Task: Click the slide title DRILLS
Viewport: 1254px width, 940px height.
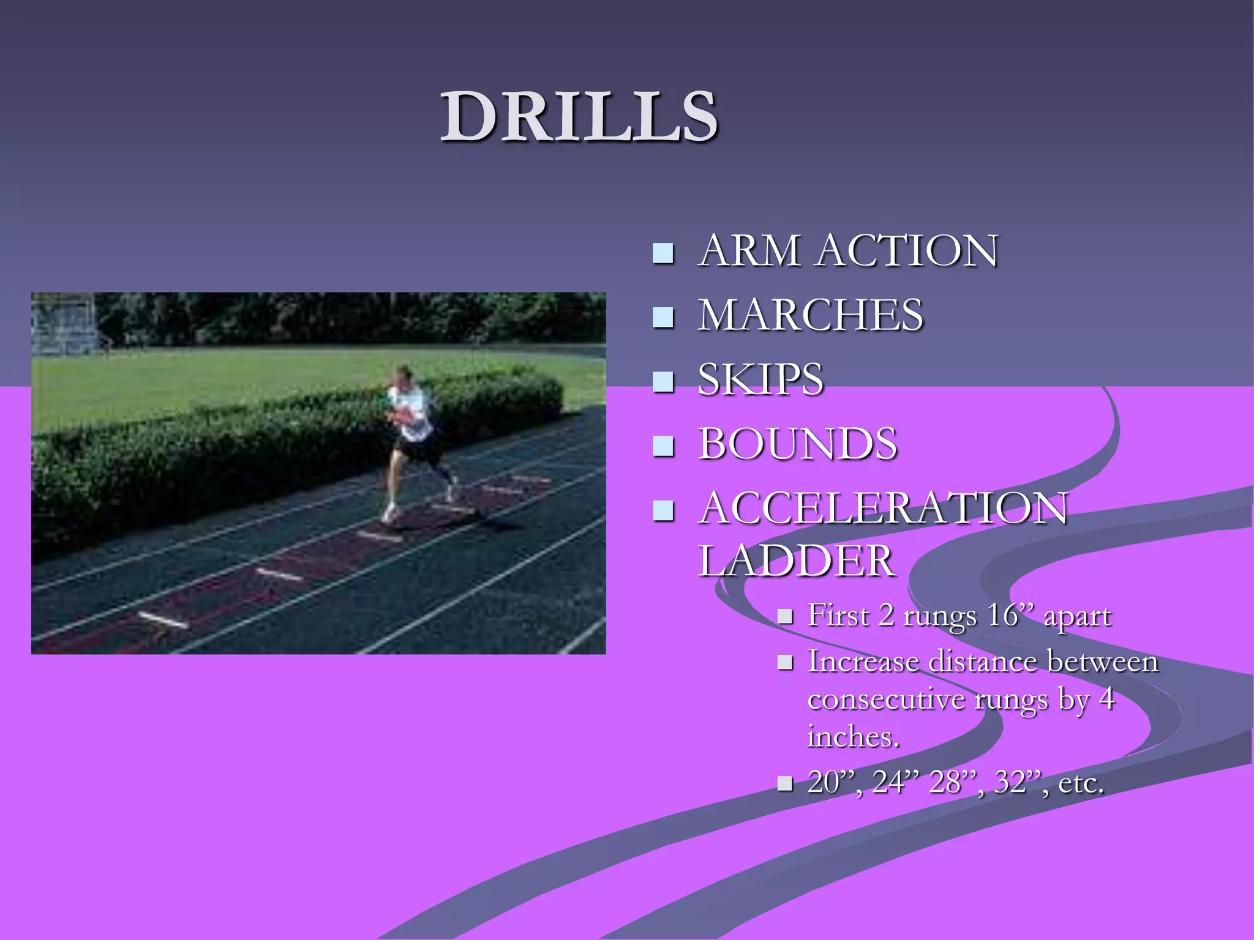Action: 579,116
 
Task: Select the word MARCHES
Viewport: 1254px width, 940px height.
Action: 810,315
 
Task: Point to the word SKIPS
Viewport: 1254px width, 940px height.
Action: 760,379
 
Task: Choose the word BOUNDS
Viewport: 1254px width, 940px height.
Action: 797,444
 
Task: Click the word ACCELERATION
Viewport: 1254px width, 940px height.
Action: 883,508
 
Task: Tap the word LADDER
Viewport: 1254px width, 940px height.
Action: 796,561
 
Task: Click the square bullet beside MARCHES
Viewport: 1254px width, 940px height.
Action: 663,318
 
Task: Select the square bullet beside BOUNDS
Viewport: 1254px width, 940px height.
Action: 663,446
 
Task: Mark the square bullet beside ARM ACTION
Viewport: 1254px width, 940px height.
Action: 663,253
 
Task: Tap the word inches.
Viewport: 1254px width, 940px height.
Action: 853,736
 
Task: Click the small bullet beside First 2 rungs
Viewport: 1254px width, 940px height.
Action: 785,616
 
